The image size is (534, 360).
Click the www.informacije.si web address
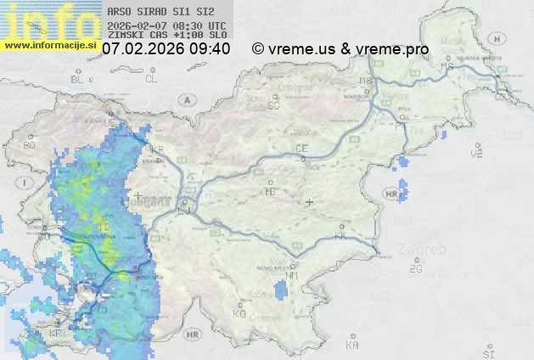pos(50,45)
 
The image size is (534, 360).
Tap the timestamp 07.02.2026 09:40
pos(166,49)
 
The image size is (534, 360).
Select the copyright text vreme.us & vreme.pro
pos(340,49)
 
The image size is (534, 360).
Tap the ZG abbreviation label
pos(415,269)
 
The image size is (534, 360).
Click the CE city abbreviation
pos(301,149)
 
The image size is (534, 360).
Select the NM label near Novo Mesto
pos(293,276)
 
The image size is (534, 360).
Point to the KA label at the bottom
pos(352,345)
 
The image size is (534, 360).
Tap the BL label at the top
pos(78,79)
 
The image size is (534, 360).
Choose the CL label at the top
pos(151,79)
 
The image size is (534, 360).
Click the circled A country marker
pos(186,99)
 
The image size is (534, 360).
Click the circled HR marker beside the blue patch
pos(391,194)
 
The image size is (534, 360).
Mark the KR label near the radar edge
pos(157,149)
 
